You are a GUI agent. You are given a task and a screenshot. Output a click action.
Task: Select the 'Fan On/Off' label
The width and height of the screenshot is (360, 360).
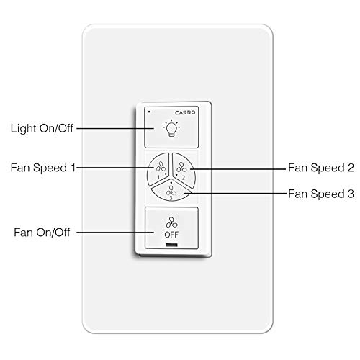point(40,233)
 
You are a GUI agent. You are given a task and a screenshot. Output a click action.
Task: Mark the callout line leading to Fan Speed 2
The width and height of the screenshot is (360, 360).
point(238,167)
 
